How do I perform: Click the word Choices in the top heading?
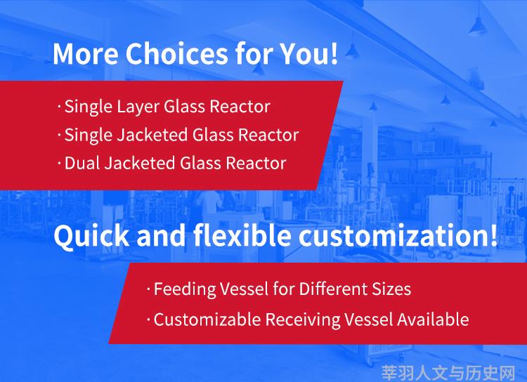[x=176, y=53]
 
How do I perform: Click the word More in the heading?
[x=86, y=53]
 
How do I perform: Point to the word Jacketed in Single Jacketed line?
[x=152, y=135]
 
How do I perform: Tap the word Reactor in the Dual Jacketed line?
[x=256, y=164]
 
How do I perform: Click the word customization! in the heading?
[x=398, y=235]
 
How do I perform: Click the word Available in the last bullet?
[x=434, y=320]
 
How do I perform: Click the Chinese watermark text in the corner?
[x=448, y=373]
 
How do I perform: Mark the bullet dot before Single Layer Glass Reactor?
[x=60, y=107]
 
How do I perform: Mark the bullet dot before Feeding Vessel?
[x=148, y=289]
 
